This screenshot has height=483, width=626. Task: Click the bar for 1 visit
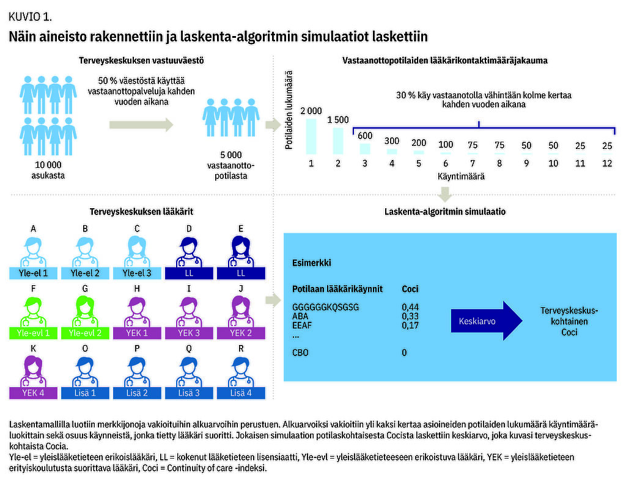coord(311,136)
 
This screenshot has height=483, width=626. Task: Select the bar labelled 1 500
coord(337,141)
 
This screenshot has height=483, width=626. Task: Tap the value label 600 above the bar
coord(365,136)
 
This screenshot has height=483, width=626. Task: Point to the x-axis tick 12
coord(607,163)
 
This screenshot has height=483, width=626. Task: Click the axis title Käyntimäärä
coord(461,176)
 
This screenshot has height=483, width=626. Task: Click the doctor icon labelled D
coord(189,252)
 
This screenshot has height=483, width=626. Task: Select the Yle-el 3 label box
coord(137,273)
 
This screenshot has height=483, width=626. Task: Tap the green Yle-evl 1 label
coord(33,333)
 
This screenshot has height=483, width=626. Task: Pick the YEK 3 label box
coord(189,333)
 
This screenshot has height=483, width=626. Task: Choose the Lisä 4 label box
coord(241,393)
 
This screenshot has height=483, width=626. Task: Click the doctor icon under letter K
coord(33,371)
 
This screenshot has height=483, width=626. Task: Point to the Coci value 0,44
coord(410,307)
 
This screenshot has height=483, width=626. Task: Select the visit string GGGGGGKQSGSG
coord(325,307)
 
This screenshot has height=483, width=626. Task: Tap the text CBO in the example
coord(300,352)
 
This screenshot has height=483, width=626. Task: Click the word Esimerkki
coord(311,263)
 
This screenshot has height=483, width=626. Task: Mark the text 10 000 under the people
coord(48,165)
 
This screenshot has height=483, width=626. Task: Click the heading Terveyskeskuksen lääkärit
coord(141,211)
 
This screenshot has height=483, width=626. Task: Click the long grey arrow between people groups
coord(141,125)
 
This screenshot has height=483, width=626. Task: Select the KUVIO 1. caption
coord(31,16)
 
